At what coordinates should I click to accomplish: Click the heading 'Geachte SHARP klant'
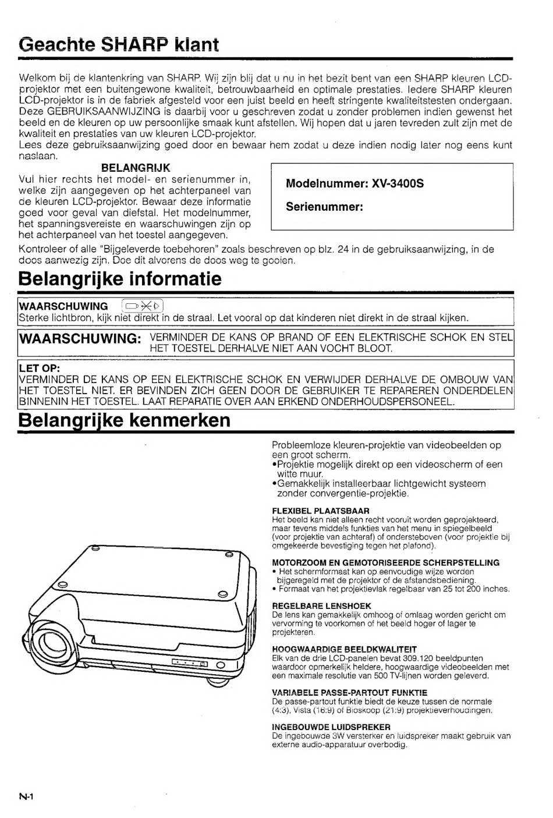click(x=118, y=44)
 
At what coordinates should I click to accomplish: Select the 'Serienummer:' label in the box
click(x=324, y=207)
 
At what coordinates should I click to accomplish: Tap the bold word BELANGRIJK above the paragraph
click(x=136, y=168)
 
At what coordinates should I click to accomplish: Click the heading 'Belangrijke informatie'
click(x=120, y=279)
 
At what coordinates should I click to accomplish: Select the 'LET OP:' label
click(x=40, y=369)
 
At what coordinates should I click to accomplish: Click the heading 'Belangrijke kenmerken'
click(x=125, y=420)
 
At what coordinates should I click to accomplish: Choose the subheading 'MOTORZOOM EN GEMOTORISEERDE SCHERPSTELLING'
click(x=385, y=563)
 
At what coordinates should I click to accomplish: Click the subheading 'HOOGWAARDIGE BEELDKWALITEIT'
click(x=344, y=649)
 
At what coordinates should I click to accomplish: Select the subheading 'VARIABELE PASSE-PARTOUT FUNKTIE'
click(x=349, y=693)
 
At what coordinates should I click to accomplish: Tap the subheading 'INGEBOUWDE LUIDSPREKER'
click(x=331, y=727)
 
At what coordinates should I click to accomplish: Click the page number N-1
click(x=26, y=797)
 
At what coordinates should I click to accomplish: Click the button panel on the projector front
click(x=190, y=663)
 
